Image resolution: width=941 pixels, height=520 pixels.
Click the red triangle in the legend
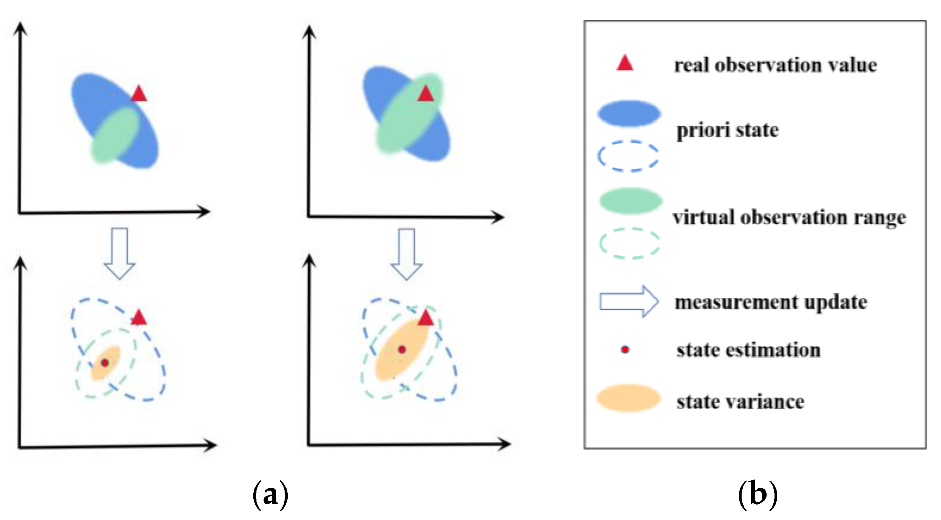click(x=625, y=64)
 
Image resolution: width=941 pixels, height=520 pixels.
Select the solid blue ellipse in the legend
click(x=629, y=114)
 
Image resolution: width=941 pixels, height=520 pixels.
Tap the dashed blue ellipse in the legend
click(x=628, y=156)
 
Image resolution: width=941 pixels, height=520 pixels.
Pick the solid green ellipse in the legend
click(x=630, y=201)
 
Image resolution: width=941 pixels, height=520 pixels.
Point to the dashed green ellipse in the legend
click(x=629, y=243)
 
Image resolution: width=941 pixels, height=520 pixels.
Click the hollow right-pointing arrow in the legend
click(x=629, y=302)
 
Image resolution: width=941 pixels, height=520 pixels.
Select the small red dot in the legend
click(x=625, y=350)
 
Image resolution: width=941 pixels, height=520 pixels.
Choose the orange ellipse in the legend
click(x=629, y=398)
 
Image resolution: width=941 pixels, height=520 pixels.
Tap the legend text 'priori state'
click(x=727, y=131)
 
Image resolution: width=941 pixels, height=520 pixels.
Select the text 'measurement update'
click(x=771, y=302)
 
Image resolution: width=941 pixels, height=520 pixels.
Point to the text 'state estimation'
click(x=748, y=351)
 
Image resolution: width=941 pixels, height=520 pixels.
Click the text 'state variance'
click(x=740, y=402)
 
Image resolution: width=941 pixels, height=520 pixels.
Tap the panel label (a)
click(x=270, y=495)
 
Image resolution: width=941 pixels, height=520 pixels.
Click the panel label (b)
click(x=757, y=495)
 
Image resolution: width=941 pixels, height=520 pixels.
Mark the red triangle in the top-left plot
click(x=139, y=94)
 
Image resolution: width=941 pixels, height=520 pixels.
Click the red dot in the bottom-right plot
click(x=402, y=350)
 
